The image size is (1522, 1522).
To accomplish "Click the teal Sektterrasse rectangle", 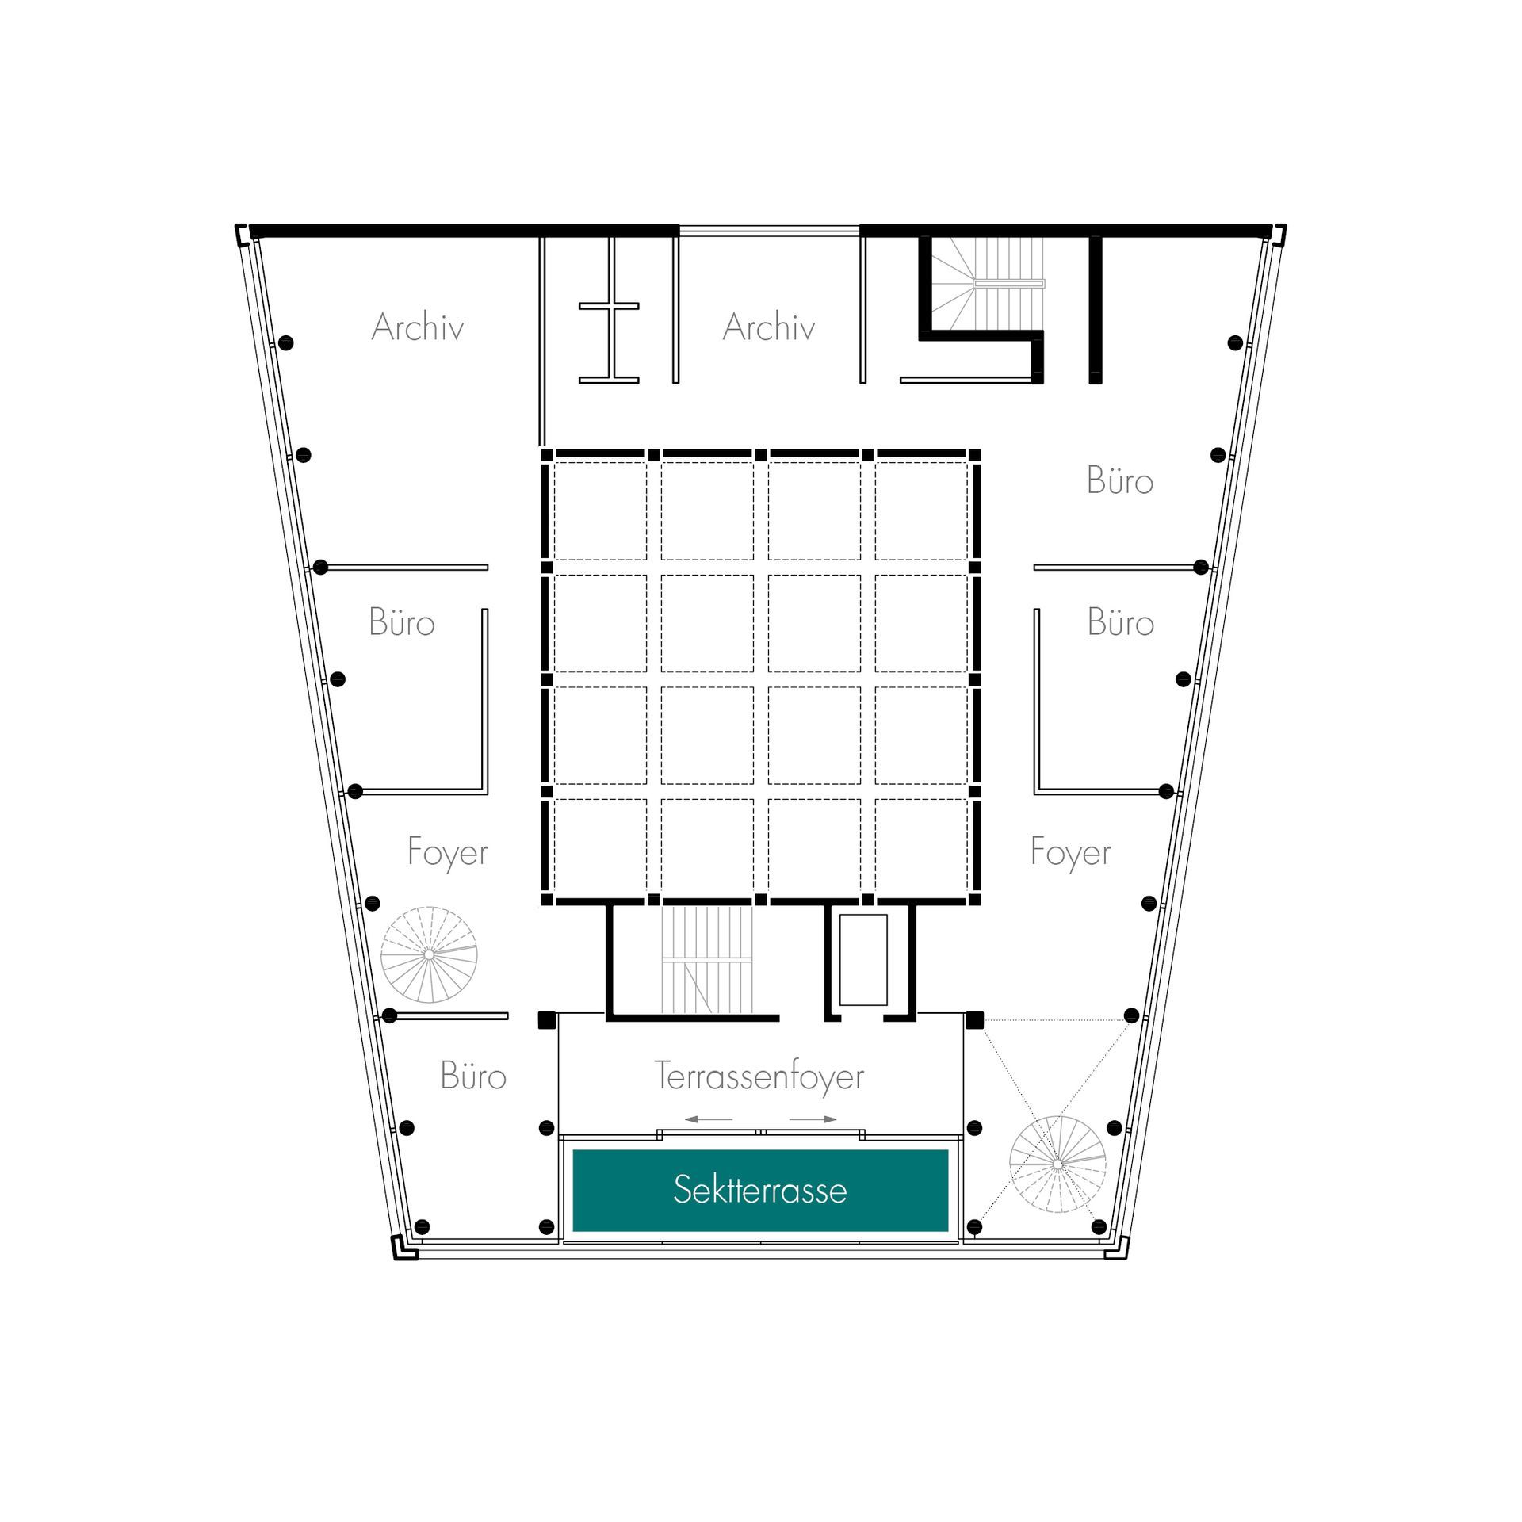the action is click(x=760, y=1190).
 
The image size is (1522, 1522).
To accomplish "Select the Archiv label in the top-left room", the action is click(x=418, y=327).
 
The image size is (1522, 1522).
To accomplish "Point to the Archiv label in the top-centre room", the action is click(x=769, y=327).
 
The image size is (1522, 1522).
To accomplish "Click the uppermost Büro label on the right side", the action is click(x=1119, y=480).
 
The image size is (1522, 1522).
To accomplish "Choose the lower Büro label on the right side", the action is click(x=1120, y=622).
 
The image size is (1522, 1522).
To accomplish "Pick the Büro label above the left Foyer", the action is click(x=402, y=622).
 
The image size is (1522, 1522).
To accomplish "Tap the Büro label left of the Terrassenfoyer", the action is click(x=473, y=1076).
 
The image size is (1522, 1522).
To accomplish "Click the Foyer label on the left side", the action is click(x=448, y=853).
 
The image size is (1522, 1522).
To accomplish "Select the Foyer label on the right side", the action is click(x=1071, y=853).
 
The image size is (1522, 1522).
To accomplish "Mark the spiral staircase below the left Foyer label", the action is click(x=429, y=954).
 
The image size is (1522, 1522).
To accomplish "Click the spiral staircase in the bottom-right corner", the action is click(x=1057, y=1164).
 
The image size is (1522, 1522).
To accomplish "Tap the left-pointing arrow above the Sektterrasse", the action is click(x=709, y=1119).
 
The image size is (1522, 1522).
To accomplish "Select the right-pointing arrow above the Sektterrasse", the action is click(x=813, y=1119).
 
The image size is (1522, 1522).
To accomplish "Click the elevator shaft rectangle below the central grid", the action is click(x=863, y=960).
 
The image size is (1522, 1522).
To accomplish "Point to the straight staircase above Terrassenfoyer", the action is click(x=706, y=959).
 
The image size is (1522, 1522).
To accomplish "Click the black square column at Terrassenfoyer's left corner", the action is click(x=547, y=1020).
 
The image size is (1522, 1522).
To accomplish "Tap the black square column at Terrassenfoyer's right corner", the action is click(x=975, y=1020).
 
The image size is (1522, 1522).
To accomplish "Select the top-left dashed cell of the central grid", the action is click(x=600, y=511).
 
